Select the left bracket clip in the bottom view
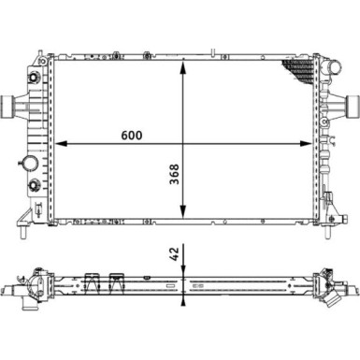pyautogui.click(x=92, y=280)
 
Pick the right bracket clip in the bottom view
pyautogui.click(x=117, y=280)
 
